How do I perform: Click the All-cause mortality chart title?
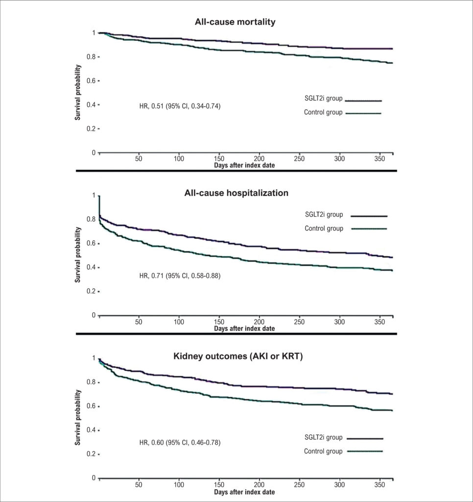click(x=235, y=22)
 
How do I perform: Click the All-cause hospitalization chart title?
click(x=236, y=193)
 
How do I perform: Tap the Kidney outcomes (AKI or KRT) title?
click(x=238, y=356)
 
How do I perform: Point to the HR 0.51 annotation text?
click(x=180, y=106)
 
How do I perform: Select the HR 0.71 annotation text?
click(x=180, y=276)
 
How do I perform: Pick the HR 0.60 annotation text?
click(x=180, y=443)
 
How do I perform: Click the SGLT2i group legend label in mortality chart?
click(x=323, y=98)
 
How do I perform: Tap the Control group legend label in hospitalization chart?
click(x=324, y=228)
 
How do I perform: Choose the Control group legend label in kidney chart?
click(x=323, y=451)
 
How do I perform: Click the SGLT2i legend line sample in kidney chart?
click(x=365, y=439)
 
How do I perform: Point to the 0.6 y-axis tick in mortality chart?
click(x=91, y=81)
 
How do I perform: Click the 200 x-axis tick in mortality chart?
click(x=259, y=158)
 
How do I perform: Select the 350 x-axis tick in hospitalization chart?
click(x=379, y=322)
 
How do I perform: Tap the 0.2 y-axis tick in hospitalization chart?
click(x=91, y=291)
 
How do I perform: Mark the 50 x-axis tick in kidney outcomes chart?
click(x=139, y=485)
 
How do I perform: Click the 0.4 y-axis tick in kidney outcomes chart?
click(x=91, y=430)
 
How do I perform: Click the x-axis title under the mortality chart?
click(x=244, y=165)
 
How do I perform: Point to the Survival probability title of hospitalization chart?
click(x=78, y=255)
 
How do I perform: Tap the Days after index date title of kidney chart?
click(x=244, y=492)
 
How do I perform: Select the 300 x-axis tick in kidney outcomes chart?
click(x=339, y=485)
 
